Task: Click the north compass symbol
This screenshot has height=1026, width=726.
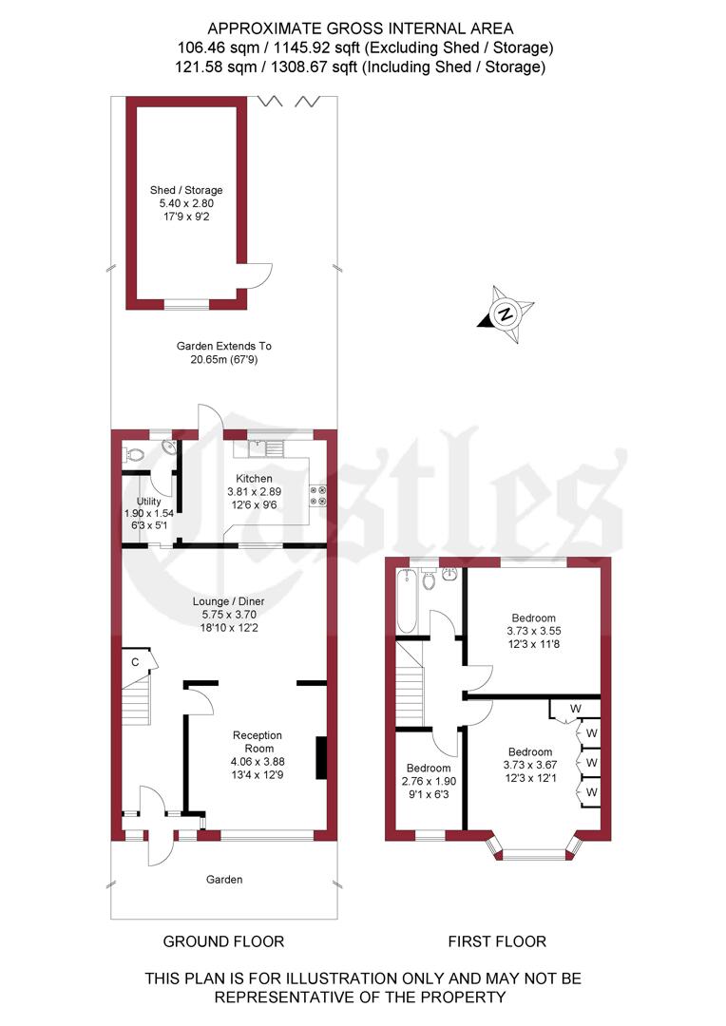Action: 506,313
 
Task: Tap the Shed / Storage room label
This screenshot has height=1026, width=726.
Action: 186,190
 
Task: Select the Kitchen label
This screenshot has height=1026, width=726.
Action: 254,478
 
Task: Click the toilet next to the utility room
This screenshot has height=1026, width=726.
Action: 133,456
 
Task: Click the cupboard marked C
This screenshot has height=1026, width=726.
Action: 135,662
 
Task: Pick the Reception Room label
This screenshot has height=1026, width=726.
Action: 258,742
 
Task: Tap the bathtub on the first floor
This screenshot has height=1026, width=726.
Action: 407,603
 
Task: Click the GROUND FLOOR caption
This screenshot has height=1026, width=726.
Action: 223,941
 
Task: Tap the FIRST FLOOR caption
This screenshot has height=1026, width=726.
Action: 497,941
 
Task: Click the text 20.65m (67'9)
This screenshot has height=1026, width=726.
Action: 224,359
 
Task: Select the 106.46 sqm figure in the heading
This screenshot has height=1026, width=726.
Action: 214,46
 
